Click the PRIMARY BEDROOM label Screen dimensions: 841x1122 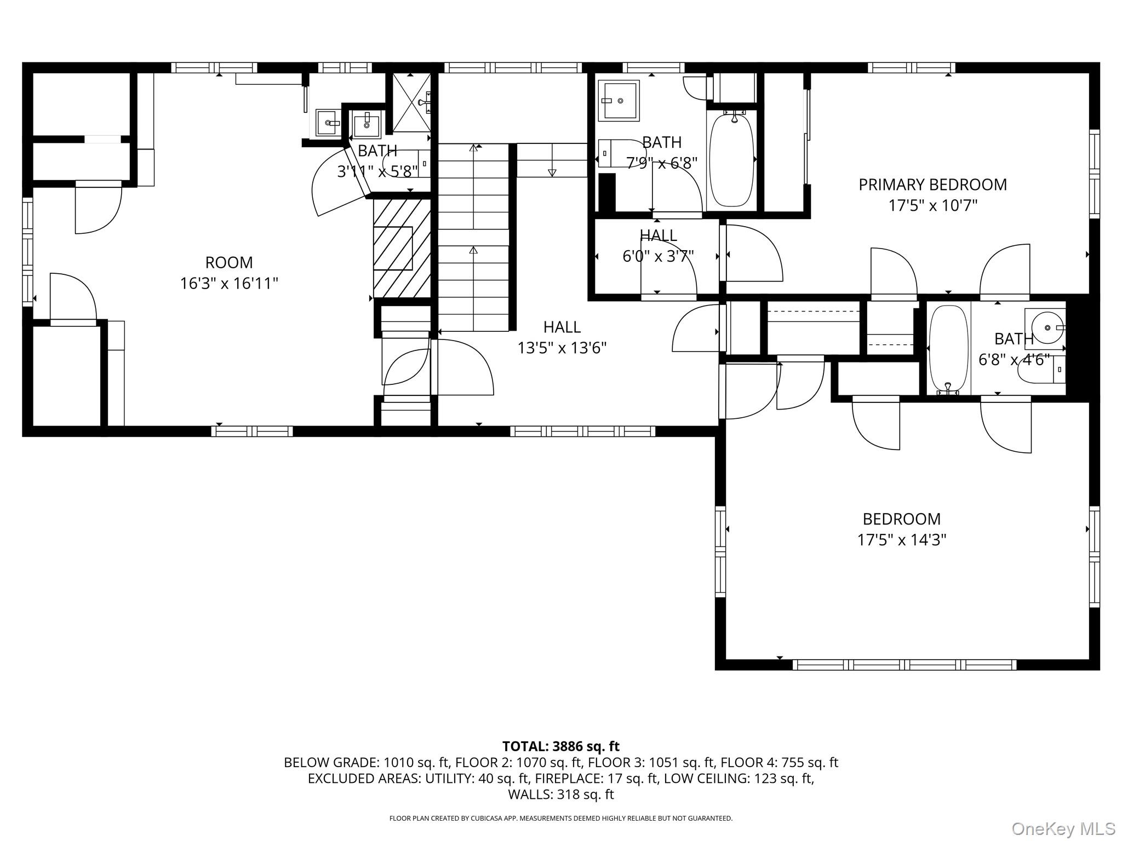[932, 185]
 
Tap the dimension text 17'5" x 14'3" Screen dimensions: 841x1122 [902, 540]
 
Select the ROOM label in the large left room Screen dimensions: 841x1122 [229, 263]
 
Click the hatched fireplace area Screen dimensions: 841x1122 [402, 248]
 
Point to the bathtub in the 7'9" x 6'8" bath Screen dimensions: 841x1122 [731, 160]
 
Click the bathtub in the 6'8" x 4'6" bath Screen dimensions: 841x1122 [948, 349]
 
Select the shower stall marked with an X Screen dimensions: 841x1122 [411, 102]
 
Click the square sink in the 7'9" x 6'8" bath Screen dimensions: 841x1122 [619, 101]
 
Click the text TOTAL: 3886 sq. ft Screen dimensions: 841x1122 [560, 746]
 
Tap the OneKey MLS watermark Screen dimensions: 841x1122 [1063, 828]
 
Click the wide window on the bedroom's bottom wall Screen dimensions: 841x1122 [904, 665]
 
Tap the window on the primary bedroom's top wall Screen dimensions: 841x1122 [911, 68]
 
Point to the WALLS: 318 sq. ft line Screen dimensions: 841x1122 [560, 794]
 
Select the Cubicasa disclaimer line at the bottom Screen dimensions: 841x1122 [560, 818]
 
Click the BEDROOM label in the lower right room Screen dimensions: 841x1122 [901, 519]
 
